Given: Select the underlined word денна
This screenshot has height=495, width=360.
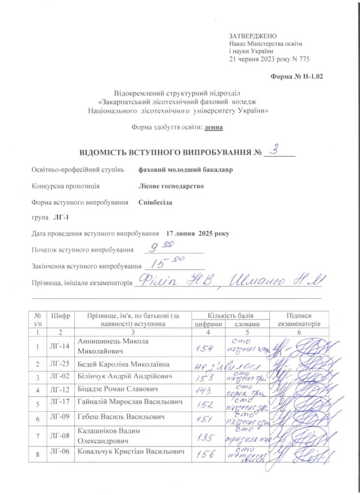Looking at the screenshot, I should [213, 128].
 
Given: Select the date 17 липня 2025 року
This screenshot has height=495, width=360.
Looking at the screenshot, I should [197, 233].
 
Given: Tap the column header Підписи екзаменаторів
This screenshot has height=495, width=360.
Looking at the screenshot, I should [299, 320].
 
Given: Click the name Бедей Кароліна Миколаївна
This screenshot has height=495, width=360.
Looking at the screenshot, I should [128, 363].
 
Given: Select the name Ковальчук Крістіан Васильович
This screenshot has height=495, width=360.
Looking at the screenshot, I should [132, 451].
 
